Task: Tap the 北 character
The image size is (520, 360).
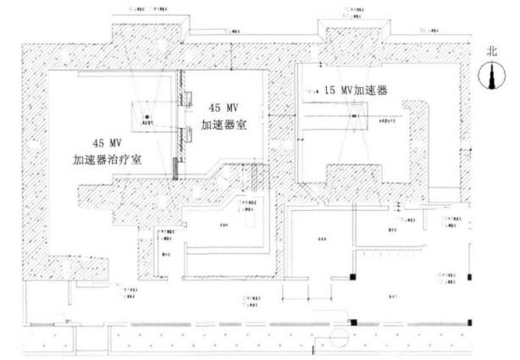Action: [492, 51]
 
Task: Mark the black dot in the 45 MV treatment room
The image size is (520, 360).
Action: [147, 116]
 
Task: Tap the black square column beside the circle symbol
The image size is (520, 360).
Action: [355, 321]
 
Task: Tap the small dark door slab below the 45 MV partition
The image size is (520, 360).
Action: [176, 169]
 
